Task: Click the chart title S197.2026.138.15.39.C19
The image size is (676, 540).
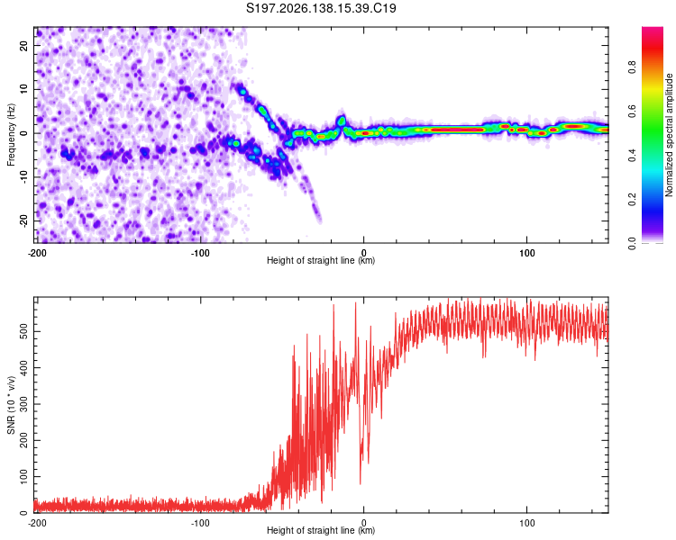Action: pyautogui.click(x=321, y=8)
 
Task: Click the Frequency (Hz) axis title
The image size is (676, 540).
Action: pyautogui.click(x=11, y=135)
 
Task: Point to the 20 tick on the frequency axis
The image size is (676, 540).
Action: pyautogui.click(x=24, y=46)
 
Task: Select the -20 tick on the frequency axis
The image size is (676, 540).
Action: pyautogui.click(x=24, y=221)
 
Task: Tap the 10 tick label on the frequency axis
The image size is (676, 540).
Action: pyautogui.click(x=24, y=89)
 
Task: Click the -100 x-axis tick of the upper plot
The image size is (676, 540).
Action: pyautogui.click(x=200, y=253)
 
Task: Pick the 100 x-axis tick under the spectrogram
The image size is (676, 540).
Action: pyautogui.click(x=527, y=253)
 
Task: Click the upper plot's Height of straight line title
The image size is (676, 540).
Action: pyautogui.click(x=321, y=260)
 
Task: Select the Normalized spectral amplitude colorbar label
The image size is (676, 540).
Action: pyautogui.click(x=669, y=135)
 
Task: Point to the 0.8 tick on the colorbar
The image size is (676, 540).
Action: pyautogui.click(x=632, y=67)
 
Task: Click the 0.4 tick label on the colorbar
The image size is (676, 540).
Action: pyautogui.click(x=632, y=156)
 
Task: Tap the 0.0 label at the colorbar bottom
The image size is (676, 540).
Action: pyautogui.click(x=632, y=244)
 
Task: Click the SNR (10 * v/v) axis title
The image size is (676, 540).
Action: pyautogui.click(x=11, y=405)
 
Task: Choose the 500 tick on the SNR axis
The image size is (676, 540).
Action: pyautogui.click(x=24, y=331)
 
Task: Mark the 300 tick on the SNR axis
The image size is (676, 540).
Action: pyautogui.click(x=24, y=404)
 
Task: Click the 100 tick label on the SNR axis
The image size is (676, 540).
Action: pyautogui.click(x=24, y=477)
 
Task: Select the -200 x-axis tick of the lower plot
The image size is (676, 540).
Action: pyautogui.click(x=37, y=523)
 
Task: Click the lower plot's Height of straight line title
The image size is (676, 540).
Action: pyautogui.click(x=321, y=530)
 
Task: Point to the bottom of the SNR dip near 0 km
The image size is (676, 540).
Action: pyautogui.click(x=361, y=484)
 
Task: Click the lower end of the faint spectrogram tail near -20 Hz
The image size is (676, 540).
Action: pyautogui.click(x=319, y=221)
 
